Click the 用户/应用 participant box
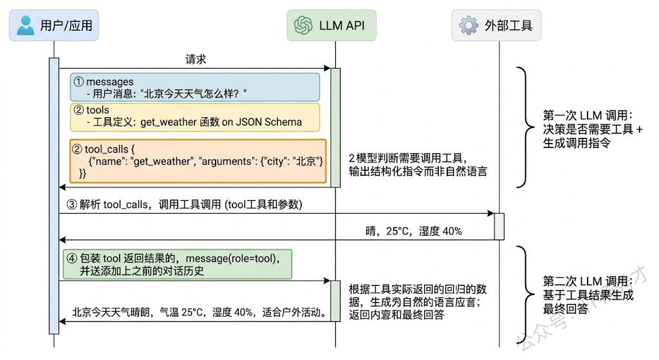coord(54,26)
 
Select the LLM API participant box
coord(331,26)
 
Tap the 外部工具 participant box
coord(496,26)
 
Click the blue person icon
coord(26,26)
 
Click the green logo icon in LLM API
coord(303,26)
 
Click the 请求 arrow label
coord(196,59)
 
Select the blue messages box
coord(194,87)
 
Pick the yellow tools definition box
coord(194,117)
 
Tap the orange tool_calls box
coord(198,160)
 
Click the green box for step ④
coord(177,264)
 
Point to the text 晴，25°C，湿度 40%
coord(413,231)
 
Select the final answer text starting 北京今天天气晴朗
coord(198,313)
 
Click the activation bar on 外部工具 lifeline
coord(499,225)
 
